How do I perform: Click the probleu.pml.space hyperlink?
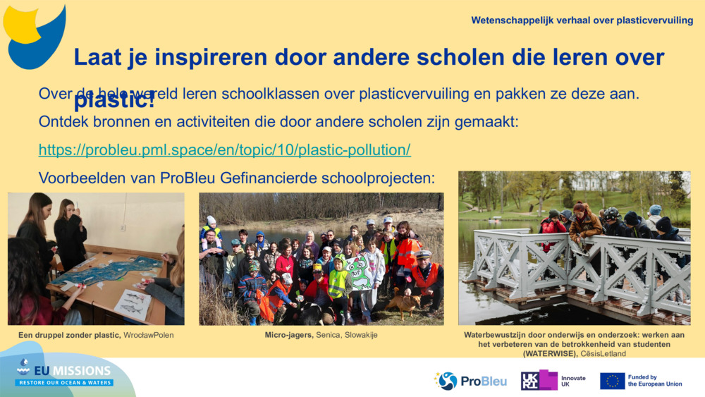[x=224, y=150]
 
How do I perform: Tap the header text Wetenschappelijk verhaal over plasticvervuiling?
[x=582, y=20]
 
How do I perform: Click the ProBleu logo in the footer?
[x=470, y=381]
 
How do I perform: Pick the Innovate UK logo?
[x=553, y=381]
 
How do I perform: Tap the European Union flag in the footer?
[x=612, y=381]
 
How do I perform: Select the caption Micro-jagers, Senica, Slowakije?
[x=321, y=335]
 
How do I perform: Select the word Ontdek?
[x=63, y=122]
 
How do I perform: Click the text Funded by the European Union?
[x=655, y=381]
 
